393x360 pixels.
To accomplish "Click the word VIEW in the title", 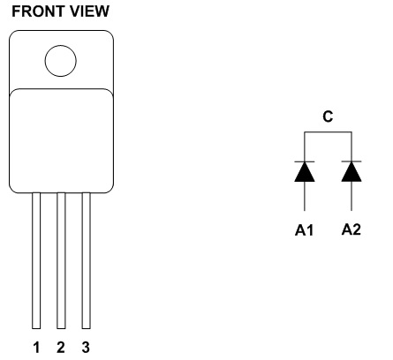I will tap(80, 11).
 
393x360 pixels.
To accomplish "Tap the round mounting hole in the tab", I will tap(61, 61).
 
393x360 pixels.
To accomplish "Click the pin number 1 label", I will tap(36, 347).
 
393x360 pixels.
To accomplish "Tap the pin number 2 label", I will tap(61, 347).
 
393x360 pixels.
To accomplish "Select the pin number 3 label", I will tap(86, 347).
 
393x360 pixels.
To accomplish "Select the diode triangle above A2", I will tap(351, 172).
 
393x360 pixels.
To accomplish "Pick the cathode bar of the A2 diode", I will tap(351, 161).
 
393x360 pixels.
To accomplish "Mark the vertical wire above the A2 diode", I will tap(351, 146).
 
